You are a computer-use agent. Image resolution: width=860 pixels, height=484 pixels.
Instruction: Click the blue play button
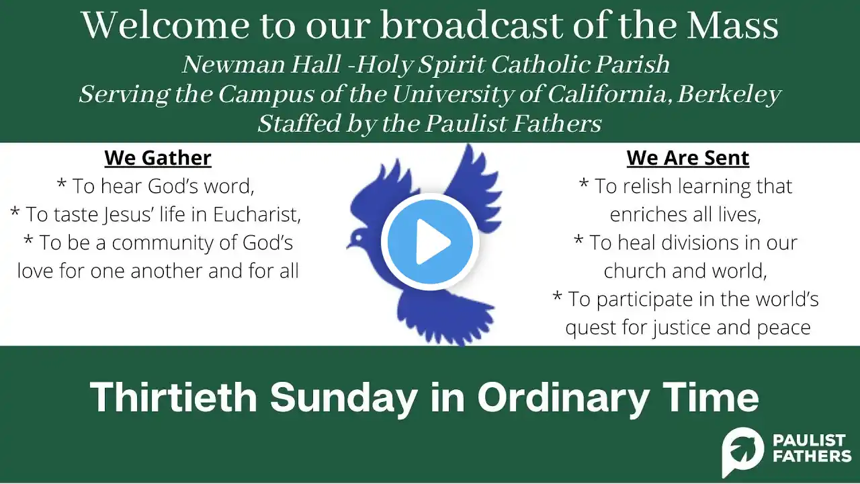430,241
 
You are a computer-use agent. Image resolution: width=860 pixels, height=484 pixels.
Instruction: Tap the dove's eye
358,238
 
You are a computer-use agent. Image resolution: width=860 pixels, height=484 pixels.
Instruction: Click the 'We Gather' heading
158,158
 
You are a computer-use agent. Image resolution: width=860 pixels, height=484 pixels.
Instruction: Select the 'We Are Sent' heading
687,158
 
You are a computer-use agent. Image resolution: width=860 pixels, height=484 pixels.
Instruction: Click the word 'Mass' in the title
732,26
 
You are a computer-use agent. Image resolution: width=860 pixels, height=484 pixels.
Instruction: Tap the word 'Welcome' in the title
165,26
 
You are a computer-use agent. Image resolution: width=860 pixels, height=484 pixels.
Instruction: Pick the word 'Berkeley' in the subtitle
729,95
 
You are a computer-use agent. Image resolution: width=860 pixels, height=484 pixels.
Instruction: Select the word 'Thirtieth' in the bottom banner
173,397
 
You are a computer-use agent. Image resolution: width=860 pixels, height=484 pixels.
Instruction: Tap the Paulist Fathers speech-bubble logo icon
743,450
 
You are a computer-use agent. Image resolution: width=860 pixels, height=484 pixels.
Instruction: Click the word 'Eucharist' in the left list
257,214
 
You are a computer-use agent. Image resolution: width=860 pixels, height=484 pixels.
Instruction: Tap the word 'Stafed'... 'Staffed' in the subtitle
299,124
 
